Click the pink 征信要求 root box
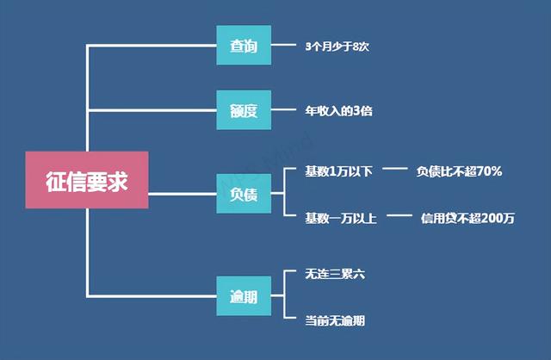point(85,180)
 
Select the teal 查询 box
point(244,46)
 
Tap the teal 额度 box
point(244,110)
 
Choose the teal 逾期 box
point(244,297)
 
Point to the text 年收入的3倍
point(338,110)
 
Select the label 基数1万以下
point(338,171)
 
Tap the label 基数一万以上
point(341,218)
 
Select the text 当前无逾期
point(335,320)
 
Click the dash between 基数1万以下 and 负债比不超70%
point(394,170)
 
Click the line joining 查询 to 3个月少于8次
point(283,46)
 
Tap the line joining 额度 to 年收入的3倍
point(283,110)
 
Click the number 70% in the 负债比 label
point(488,171)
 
